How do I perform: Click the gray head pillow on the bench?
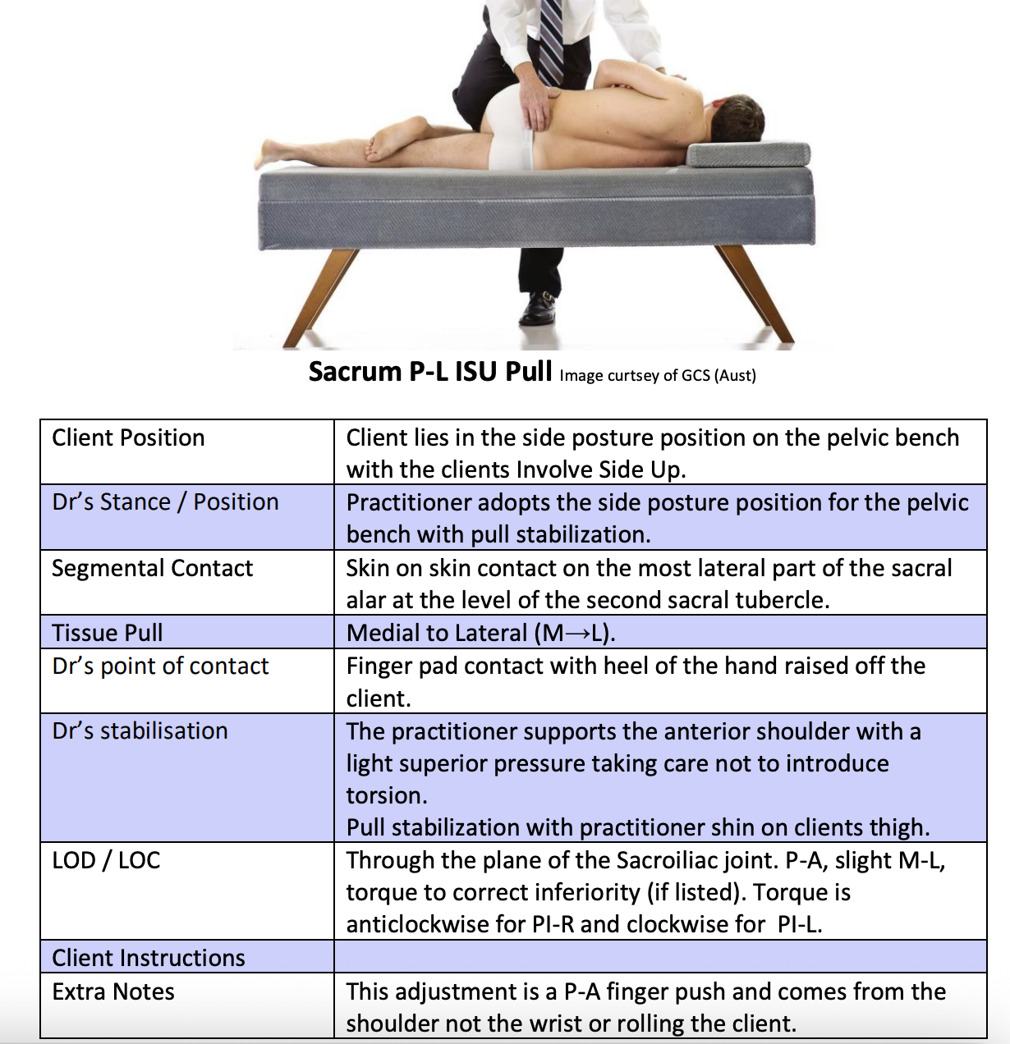point(747,153)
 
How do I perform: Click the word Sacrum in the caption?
point(355,372)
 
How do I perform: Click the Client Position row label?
point(128,437)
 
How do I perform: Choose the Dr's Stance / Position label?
point(165,501)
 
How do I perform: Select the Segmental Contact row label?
point(152,568)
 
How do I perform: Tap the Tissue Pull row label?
point(108,633)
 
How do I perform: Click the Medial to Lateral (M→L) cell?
point(481,633)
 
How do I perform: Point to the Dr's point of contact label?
point(160,666)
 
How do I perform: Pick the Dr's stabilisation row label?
point(140,730)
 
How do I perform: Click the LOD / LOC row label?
point(106,860)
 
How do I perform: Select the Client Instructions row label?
point(149,958)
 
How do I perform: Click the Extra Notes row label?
point(113,991)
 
